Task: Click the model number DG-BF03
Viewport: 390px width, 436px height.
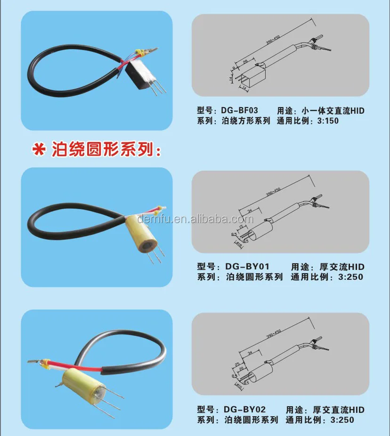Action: tap(239, 111)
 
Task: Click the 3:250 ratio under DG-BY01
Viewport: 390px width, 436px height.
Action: tap(347, 277)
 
